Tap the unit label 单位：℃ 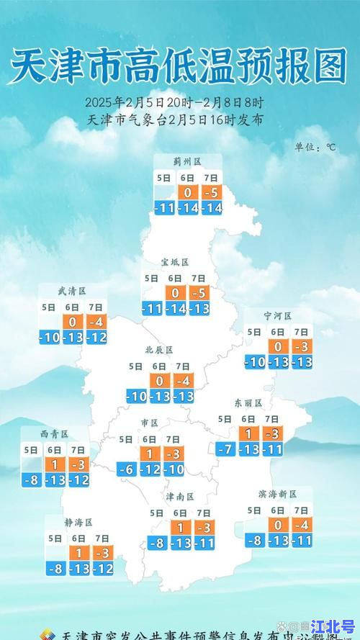pos(315,147)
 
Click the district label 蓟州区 pos(186,162)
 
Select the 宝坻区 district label pos(174,262)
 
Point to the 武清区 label pos(72,291)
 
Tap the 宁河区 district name pos(277,316)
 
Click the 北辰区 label pos(159,350)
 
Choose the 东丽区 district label pos(248,403)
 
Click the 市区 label pos(149,423)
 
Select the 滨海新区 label pos(277,494)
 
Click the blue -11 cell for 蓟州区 pos(165,208)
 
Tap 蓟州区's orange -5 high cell pos(212,192)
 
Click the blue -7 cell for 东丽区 pos(226,449)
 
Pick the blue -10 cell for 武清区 pos(49,338)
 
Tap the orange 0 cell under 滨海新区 pos(278,525)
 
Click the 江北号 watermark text pos(333,629)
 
